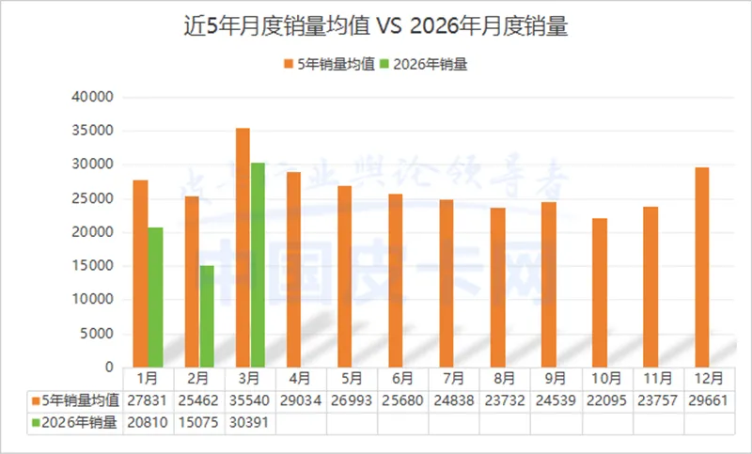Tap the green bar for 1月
pyautogui.click(x=155, y=297)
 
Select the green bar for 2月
pyautogui.click(x=206, y=316)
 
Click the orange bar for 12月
pyautogui.click(x=701, y=267)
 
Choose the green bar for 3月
pyautogui.click(x=258, y=264)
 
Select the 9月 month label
pyautogui.click(x=555, y=379)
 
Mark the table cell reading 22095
pyautogui.click(x=606, y=401)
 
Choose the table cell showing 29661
pyautogui.click(x=708, y=401)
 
